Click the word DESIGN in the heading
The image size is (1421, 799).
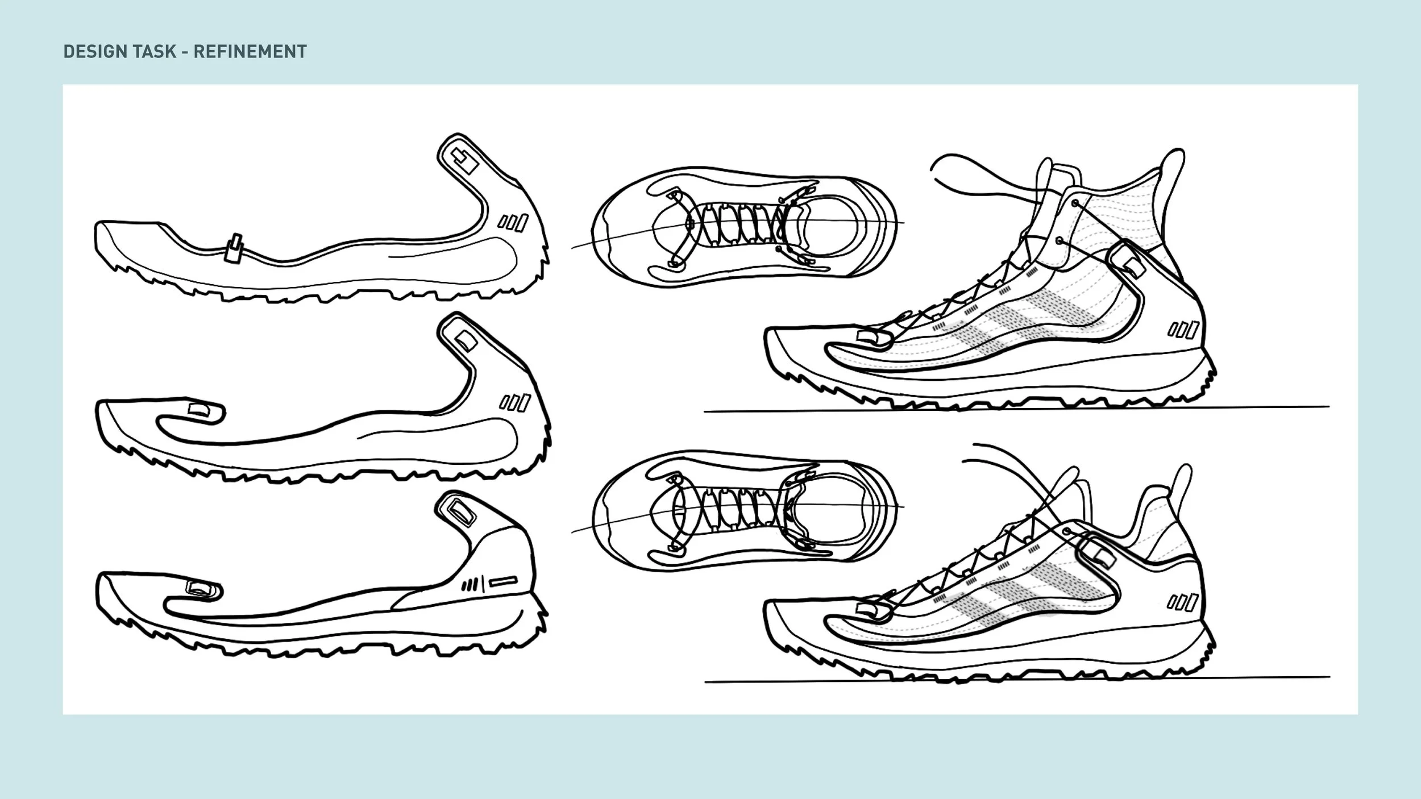coord(92,52)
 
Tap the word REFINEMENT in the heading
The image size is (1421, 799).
coord(250,52)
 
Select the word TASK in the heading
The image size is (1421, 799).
coord(155,52)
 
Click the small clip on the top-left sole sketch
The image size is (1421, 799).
coord(233,248)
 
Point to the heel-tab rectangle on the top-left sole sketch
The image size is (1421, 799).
coord(465,161)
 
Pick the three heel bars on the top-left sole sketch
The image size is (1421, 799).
coord(513,222)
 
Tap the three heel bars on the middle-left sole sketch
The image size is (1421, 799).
coord(515,403)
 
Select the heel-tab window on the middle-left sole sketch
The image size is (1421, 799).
coord(466,341)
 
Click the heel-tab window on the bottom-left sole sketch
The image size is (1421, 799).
coord(461,513)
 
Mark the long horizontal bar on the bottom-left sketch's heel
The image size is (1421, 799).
coord(503,581)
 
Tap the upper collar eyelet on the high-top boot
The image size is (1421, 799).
coord(1075,203)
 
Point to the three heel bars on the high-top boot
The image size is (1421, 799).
coord(1183,330)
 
